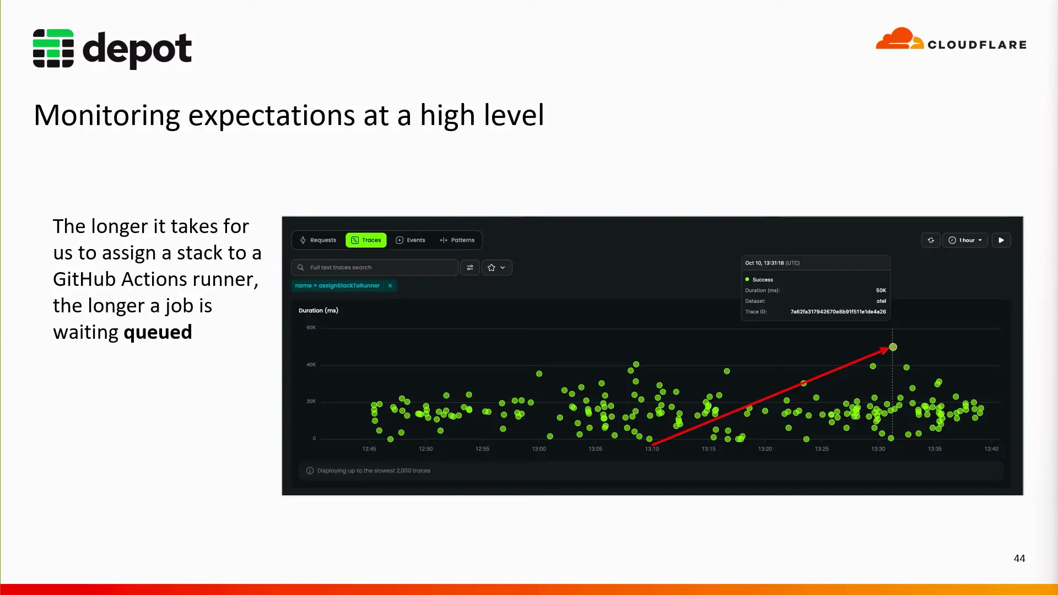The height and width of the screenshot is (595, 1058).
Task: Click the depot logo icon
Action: tap(53, 48)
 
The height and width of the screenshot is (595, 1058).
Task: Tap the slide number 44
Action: tap(1019, 558)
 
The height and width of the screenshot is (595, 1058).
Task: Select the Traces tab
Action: tap(366, 240)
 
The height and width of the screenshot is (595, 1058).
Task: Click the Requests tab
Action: tap(318, 240)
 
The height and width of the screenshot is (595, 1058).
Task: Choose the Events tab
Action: tap(411, 240)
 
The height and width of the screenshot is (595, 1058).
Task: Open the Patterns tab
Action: tap(457, 240)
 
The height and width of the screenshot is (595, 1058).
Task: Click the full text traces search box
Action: tap(375, 268)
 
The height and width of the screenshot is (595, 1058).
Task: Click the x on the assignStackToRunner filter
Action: tap(390, 285)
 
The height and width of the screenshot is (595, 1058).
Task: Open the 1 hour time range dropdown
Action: tap(965, 240)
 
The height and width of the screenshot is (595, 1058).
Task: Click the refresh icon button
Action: tap(931, 240)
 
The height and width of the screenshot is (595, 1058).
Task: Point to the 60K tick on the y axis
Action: tap(311, 328)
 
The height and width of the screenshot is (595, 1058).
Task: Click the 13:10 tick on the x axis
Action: tap(652, 449)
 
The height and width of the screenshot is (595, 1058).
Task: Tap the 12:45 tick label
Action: tap(369, 449)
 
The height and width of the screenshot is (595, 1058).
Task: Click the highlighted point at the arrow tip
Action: tap(893, 347)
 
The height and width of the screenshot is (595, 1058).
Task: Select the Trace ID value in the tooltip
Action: tap(838, 312)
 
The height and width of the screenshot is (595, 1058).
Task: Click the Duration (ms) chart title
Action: tap(319, 311)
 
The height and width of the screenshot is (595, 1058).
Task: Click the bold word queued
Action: tap(158, 333)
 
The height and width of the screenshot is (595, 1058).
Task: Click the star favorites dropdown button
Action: tap(496, 268)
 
